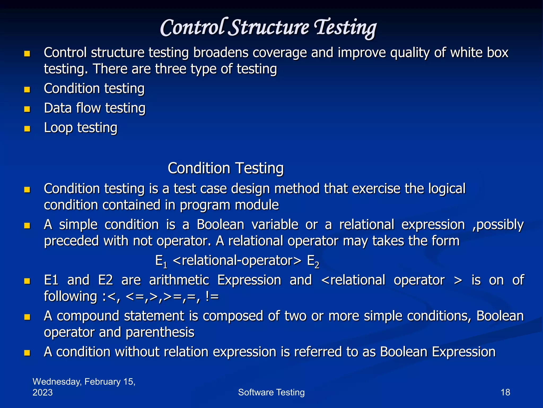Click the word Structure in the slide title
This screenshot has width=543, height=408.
(269, 28)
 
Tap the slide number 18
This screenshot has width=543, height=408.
(505, 392)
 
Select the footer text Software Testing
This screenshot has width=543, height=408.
(271, 392)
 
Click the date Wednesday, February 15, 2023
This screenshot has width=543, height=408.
(84, 387)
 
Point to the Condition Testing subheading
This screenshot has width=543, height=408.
(226, 168)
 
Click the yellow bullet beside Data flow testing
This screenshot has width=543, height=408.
(27, 109)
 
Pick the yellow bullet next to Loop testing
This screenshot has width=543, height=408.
(27, 129)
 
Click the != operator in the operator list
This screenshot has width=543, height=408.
(212, 296)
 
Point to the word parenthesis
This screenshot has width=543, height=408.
(160, 332)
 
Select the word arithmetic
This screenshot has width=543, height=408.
(179, 280)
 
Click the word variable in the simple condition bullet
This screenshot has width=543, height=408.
(275, 225)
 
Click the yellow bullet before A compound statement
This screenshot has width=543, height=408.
(27, 317)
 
